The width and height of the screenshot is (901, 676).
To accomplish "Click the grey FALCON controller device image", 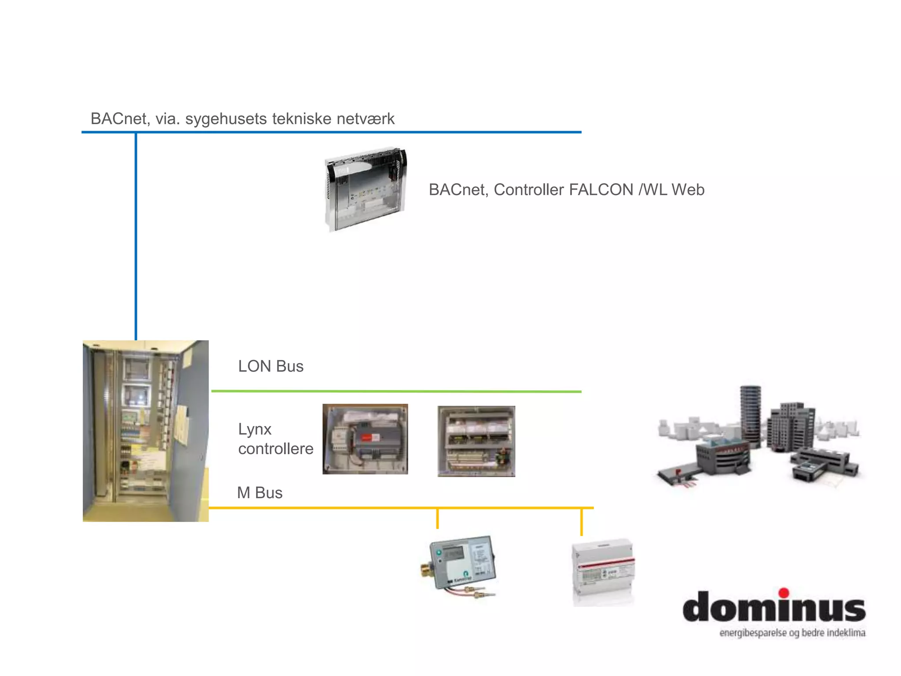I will pos(366,190).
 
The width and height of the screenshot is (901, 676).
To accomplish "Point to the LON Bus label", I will pos(271,366).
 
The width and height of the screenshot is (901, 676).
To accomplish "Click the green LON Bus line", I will pos(396,391).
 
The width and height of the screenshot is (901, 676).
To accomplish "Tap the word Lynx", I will pos(255,429).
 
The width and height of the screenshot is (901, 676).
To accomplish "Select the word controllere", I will pos(276,449).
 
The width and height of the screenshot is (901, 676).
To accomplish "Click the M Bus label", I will pos(260,493).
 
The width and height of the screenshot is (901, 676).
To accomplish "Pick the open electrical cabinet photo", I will pos(146,431).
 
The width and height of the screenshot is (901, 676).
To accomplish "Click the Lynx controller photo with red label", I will pos(365,439).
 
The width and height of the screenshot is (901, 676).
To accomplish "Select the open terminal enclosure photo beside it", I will pos(476,441).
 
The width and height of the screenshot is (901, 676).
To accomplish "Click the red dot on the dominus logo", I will pos(784,593).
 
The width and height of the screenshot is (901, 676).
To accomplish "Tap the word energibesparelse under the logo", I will pos(753,633).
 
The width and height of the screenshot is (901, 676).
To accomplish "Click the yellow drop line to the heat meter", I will pos(437,518).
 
